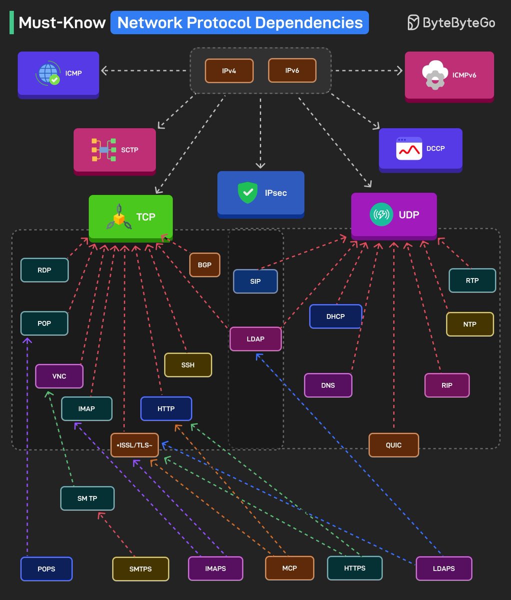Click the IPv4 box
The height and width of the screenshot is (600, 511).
click(x=229, y=70)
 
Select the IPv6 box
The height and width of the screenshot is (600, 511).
click(x=292, y=70)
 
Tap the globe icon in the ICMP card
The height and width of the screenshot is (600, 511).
click(x=48, y=73)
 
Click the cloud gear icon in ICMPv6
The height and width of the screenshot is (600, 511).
click(x=434, y=75)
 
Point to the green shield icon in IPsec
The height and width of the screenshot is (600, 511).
click(x=247, y=192)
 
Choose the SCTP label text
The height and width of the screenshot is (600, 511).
click(x=129, y=149)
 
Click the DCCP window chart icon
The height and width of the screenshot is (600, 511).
click(x=409, y=148)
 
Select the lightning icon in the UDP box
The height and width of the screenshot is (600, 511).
click(x=381, y=215)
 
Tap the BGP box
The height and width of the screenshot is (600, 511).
click(x=204, y=264)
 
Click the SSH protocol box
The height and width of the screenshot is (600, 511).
click(x=188, y=364)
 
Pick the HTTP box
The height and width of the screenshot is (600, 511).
click(x=166, y=408)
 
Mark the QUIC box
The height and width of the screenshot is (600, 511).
click(x=393, y=445)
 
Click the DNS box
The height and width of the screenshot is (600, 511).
click(x=328, y=385)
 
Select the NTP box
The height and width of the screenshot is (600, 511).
click(x=469, y=324)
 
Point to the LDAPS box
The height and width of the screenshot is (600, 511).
click(x=443, y=568)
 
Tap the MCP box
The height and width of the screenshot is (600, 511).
click(x=289, y=568)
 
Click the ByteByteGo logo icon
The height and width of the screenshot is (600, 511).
click(x=413, y=22)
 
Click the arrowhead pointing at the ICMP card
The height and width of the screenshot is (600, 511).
click(x=104, y=71)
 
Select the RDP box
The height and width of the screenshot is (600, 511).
click(x=44, y=270)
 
